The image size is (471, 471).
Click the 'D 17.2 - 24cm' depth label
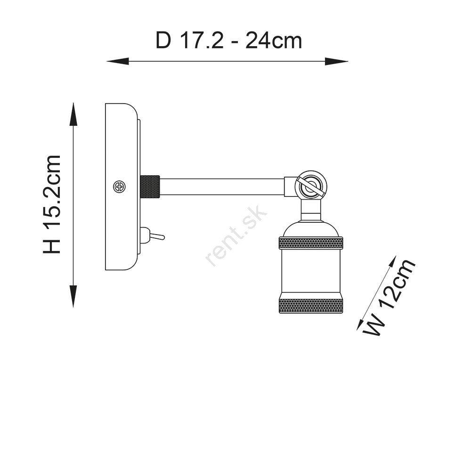(x=228, y=41)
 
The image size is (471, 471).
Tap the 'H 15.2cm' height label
(x=52, y=204)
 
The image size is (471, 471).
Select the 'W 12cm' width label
(x=390, y=298)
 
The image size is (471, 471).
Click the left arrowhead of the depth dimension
(x=118, y=61)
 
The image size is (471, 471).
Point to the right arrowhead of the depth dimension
(x=336, y=61)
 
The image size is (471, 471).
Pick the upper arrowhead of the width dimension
(x=392, y=263)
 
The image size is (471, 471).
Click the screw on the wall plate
(x=119, y=187)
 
